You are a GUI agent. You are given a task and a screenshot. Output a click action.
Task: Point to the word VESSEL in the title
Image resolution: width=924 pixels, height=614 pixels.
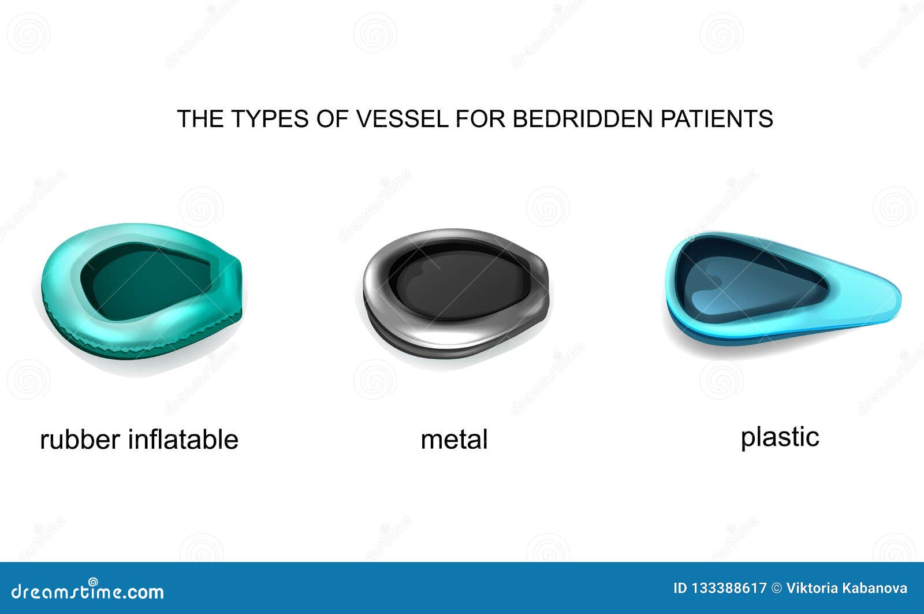point(401,119)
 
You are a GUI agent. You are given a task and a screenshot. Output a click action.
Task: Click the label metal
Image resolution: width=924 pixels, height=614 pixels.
point(454,440)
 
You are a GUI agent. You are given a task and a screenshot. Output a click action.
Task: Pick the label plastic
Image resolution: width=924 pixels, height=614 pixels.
point(780,437)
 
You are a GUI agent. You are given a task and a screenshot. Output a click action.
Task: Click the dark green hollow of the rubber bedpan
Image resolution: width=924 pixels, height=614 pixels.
point(144,283)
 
